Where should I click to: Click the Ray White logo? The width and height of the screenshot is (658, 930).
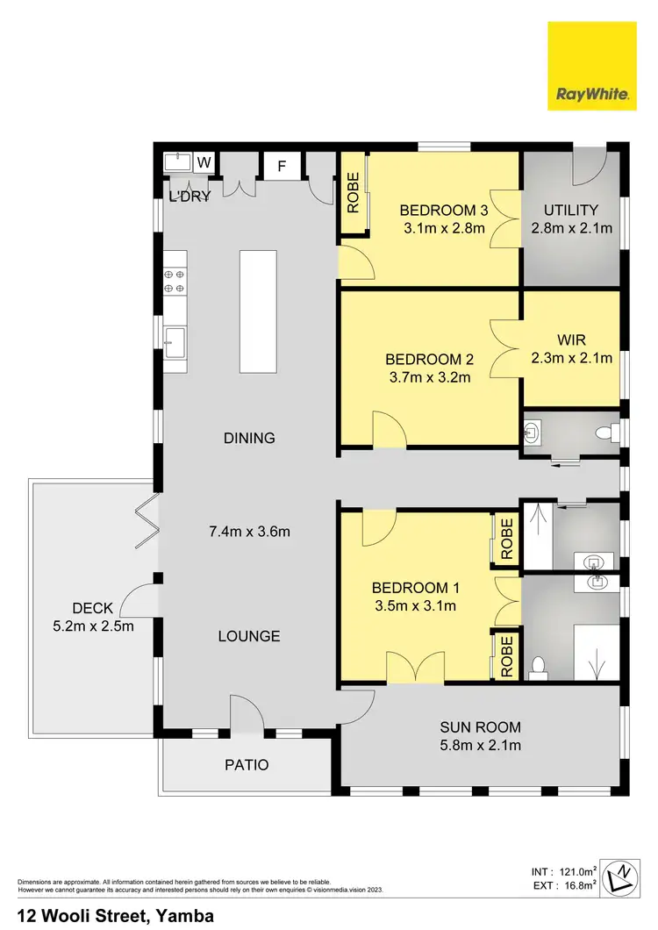coord(591,66)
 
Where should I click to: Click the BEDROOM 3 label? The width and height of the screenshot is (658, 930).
coord(443,211)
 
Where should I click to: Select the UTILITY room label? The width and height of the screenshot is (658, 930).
coord(570,211)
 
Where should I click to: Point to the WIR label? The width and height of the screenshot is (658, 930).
coord(571,340)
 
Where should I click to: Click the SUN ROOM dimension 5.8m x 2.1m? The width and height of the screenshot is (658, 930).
coord(481,746)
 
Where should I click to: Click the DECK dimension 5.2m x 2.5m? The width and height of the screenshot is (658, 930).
coord(92,626)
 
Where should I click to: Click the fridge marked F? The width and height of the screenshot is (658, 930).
coord(283,166)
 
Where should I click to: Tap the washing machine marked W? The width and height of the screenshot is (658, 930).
coord(204,162)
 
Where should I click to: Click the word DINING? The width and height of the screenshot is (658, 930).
coord(249,438)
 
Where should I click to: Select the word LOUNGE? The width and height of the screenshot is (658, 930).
coord(249,636)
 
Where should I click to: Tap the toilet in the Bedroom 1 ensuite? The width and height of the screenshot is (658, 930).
coord(539,668)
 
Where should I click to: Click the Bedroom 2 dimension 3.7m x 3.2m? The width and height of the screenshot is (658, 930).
coord(430,378)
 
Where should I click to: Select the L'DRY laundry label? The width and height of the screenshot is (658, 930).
coord(190,197)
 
